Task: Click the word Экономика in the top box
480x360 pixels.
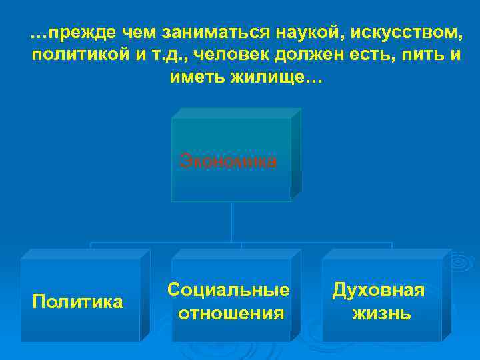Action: [x=228, y=161]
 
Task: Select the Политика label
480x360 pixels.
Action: [x=77, y=302]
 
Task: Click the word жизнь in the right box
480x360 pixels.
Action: [x=381, y=313]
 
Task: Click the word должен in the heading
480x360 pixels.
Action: [x=297, y=55]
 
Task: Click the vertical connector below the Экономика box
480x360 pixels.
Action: [x=231, y=221]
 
